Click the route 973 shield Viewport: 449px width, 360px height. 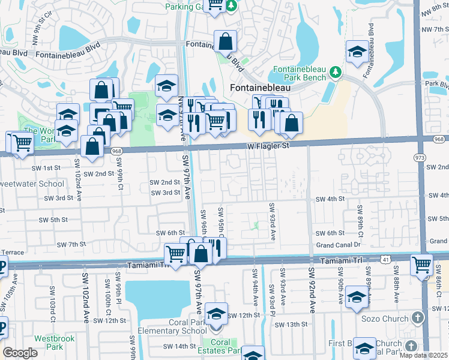[418, 157]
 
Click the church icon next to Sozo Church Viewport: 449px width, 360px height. [418, 317]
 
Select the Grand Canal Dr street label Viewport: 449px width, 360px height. [338, 245]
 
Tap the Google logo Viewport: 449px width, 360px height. [20, 353]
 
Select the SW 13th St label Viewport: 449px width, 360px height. [291, 325]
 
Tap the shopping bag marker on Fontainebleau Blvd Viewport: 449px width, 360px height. [226, 42]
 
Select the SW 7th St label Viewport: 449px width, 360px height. [72, 245]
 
